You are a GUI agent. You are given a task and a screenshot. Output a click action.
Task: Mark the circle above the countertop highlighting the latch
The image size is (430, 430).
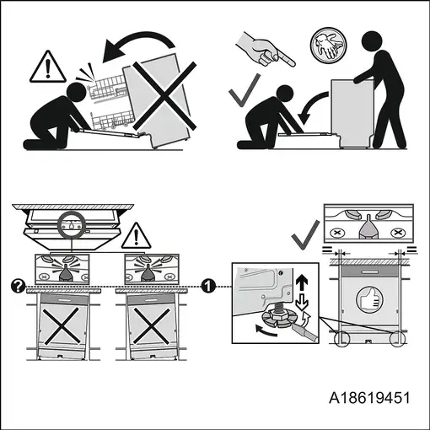pyautogui.click(x=71, y=225)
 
